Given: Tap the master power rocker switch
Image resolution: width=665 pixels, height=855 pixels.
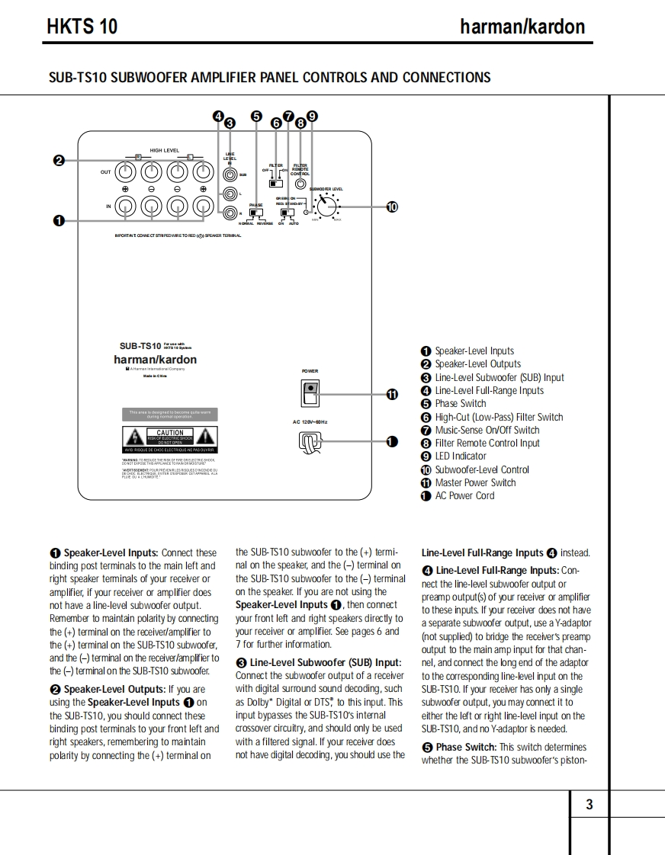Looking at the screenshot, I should pyautogui.click(x=310, y=392).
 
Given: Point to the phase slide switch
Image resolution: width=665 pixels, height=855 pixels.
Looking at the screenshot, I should pyautogui.click(x=255, y=213).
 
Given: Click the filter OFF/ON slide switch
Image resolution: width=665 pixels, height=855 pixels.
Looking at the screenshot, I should pyautogui.click(x=276, y=184).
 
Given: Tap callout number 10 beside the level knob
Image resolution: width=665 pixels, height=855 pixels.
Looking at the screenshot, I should pyautogui.click(x=392, y=207).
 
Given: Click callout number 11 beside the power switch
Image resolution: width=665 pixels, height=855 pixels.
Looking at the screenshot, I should pyautogui.click(x=392, y=394).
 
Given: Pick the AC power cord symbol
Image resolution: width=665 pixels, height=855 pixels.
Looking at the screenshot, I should pyautogui.click(x=310, y=440).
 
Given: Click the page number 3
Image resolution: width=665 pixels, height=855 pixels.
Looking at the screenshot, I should pyautogui.click(x=589, y=805).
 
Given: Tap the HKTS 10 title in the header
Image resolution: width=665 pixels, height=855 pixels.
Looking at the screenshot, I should pyautogui.click(x=82, y=27).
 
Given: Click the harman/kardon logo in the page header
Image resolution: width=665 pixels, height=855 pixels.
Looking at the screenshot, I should pyautogui.click(x=522, y=27).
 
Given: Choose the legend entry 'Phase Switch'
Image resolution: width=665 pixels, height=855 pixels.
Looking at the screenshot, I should pyautogui.click(x=460, y=404).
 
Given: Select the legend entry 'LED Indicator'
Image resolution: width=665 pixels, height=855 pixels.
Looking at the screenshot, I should pyautogui.click(x=460, y=456).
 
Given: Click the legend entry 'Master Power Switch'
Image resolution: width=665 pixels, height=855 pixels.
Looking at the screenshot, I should pyautogui.click(x=474, y=482).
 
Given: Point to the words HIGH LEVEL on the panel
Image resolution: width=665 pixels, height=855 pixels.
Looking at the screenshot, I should pyautogui.click(x=164, y=151).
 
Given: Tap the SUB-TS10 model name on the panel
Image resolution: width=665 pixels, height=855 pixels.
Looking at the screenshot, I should pyautogui.click(x=140, y=345).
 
